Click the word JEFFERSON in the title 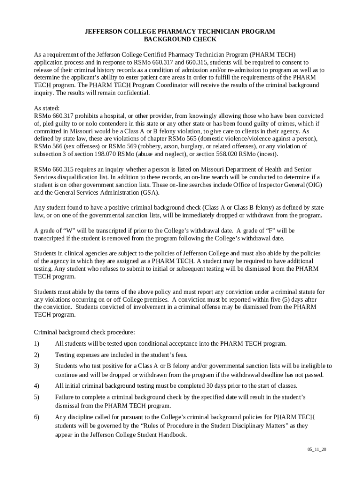[103, 31]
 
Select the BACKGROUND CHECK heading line [180, 39]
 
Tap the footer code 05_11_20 [317, 450]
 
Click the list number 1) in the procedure [37, 344]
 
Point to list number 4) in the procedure [37, 386]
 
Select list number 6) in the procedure [37, 417]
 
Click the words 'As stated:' [47, 108]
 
